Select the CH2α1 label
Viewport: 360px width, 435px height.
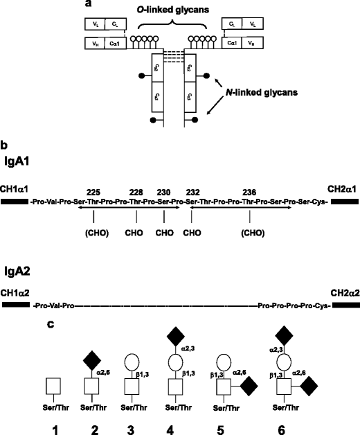coord(336,187)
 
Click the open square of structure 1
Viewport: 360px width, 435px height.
coord(46,384)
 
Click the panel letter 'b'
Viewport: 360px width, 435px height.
coord(5,147)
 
